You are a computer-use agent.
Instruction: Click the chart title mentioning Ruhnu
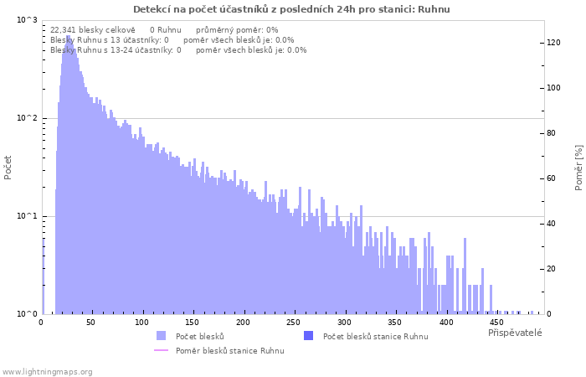click(x=291, y=9)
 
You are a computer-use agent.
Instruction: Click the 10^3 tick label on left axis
click(x=28, y=19)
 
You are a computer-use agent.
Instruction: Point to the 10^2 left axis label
click(x=28, y=118)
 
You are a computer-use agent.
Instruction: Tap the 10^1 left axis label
click(x=28, y=216)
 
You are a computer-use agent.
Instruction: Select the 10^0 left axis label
click(x=28, y=314)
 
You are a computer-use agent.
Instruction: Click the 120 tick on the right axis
click(x=553, y=43)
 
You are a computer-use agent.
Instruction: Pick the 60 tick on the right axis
click(x=551, y=178)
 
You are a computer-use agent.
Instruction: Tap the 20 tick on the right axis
click(x=551, y=269)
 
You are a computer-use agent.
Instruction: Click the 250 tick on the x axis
click(x=293, y=323)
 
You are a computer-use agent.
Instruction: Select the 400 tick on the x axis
click(x=446, y=323)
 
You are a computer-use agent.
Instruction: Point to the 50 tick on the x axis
click(x=90, y=323)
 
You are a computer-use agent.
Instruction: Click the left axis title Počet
click(x=8, y=168)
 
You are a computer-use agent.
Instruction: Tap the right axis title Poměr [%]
click(x=578, y=168)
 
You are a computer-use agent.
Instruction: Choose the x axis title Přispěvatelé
click(x=515, y=333)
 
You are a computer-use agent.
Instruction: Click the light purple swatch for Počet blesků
click(x=161, y=336)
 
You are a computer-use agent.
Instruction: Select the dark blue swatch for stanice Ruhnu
click(x=308, y=336)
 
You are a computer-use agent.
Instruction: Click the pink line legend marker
click(x=161, y=350)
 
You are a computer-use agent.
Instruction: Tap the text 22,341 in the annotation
click(x=63, y=30)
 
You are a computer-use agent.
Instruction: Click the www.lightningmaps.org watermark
click(x=47, y=372)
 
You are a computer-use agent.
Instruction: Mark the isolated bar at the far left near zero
click(x=44, y=276)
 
